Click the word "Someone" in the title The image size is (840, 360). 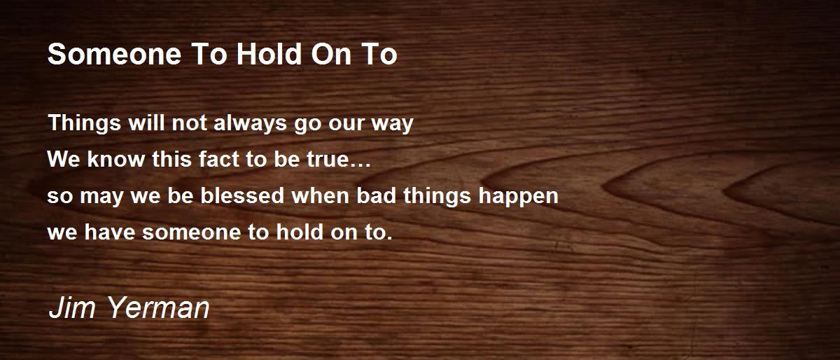tap(115, 54)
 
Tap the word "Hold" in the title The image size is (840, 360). tap(269, 54)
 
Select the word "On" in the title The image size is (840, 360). tap(331, 54)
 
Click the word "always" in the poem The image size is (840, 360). tap(250, 123)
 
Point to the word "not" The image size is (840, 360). tap(190, 123)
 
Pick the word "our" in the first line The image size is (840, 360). tap(346, 125)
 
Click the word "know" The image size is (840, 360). tap(116, 159)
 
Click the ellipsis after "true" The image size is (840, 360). tap(360, 165)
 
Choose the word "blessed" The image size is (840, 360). tap(242, 195)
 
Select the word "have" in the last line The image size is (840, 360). tap(109, 232)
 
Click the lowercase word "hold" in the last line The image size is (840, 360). tap(300, 232)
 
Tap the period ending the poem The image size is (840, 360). tap(389, 238)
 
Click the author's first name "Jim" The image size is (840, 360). tap(72, 307)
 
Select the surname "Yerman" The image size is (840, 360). tap(159, 307)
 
